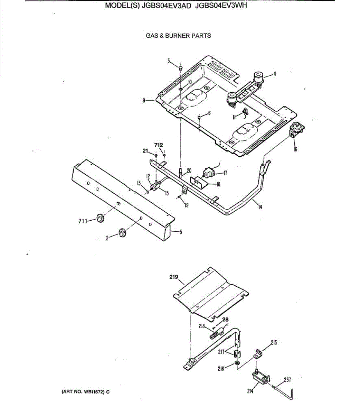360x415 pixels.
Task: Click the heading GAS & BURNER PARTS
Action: [x=178, y=36]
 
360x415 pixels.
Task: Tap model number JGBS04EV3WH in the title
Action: [x=221, y=6]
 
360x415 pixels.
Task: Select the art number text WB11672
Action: [x=94, y=392]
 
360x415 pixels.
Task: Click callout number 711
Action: [x=83, y=221]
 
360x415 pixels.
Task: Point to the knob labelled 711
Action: [x=100, y=218]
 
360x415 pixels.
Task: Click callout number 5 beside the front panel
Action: [x=180, y=232]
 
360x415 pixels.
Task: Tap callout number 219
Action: [x=174, y=277]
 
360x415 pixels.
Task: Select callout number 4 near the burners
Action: [x=275, y=74]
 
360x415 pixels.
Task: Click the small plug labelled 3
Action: [x=181, y=68]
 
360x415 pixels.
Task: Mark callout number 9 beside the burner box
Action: [x=144, y=100]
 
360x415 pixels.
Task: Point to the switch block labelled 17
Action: [x=209, y=173]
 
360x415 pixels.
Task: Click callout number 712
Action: [x=159, y=145]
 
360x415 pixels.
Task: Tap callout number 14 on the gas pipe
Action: [x=260, y=207]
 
